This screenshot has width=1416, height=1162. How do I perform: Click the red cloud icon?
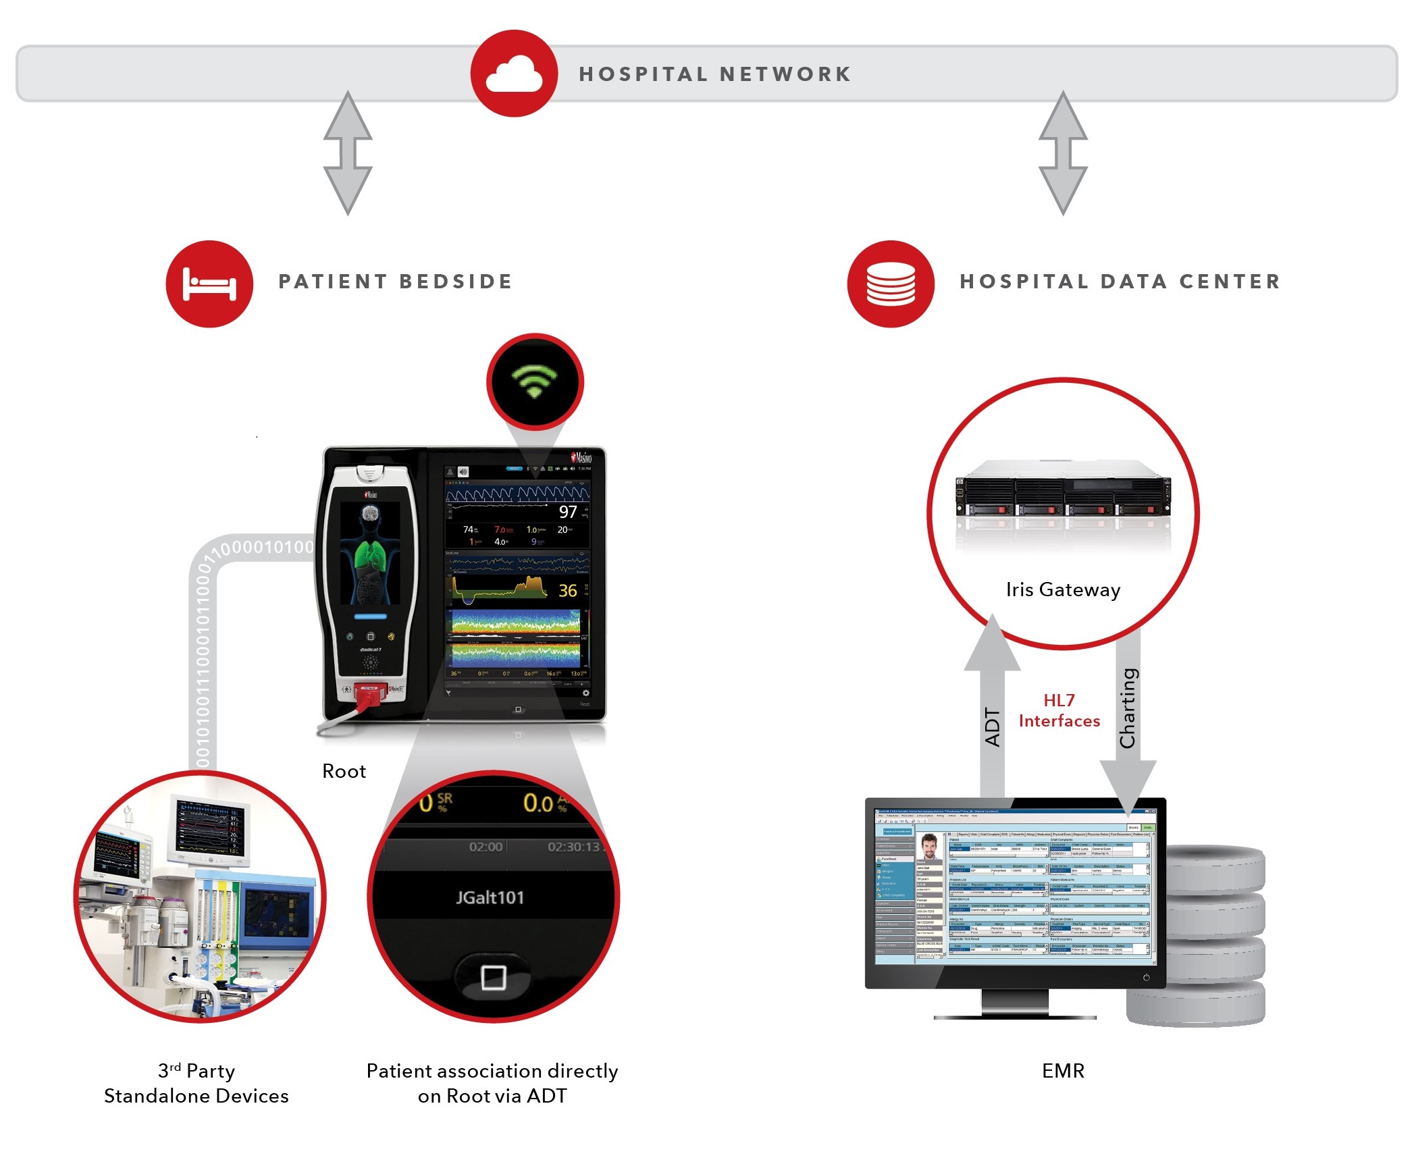click(x=514, y=74)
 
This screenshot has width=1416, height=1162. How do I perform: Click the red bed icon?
click(x=209, y=284)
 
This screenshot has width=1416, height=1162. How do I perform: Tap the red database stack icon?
click(x=891, y=284)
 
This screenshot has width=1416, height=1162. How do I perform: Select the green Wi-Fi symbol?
click(x=534, y=382)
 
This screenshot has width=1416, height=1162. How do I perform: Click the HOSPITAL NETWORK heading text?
click(x=715, y=74)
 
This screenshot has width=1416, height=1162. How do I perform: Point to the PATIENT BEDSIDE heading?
click(x=396, y=282)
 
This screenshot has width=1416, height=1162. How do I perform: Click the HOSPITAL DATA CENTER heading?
click(x=1120, y=282)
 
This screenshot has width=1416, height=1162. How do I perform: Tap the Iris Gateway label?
click(x=1063, y=589)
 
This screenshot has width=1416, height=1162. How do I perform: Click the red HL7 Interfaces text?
click(x=1059, y=711)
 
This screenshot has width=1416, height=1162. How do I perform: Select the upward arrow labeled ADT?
click(x=992, y=709)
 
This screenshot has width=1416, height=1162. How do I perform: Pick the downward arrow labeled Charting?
click(x=1128, y=716)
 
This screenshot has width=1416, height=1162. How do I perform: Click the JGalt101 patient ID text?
click(x=490, y=897)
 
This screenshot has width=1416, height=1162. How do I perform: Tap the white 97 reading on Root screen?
click(x=568, y=512)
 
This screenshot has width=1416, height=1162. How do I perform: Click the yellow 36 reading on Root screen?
click(x=568, y=591)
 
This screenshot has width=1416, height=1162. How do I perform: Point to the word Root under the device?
click(x=344, y=771)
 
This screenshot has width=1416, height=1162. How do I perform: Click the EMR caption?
click(x=1063, y=1071)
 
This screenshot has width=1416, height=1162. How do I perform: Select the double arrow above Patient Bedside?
click(x=348, y=153)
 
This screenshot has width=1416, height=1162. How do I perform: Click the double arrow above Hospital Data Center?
click(x=1063, y=153)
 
